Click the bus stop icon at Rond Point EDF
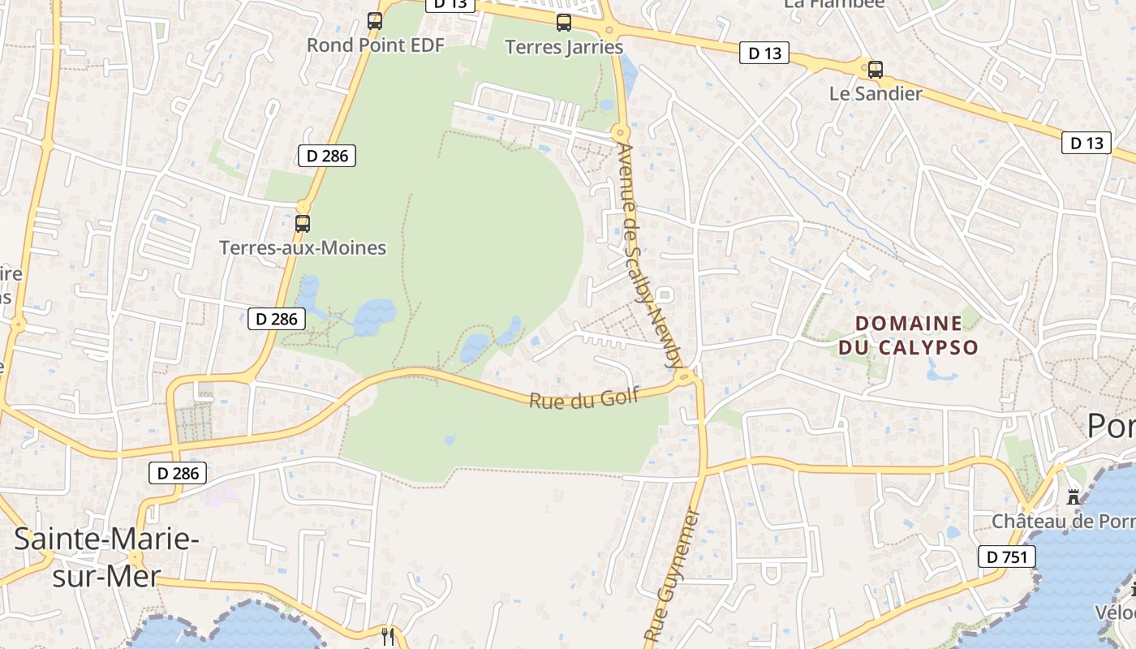[375, 21]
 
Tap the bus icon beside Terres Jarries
[564, 23]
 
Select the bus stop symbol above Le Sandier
[875, 70]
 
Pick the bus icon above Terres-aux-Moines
[303, 223]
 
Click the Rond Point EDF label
[376, 45]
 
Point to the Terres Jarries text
[564, 47]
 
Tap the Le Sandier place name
[876, 93]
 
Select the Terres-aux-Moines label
[303, 247]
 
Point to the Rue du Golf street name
[584, 398]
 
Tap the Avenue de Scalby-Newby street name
[651, 256]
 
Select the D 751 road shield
[1007, 557]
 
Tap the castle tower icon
[1074, 496]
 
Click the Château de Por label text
[1063, 521]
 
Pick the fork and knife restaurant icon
[388, 636]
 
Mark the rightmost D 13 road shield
[1087, 143]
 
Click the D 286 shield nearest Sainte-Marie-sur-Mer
[178, 473]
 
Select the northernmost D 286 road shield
[327, 155]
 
